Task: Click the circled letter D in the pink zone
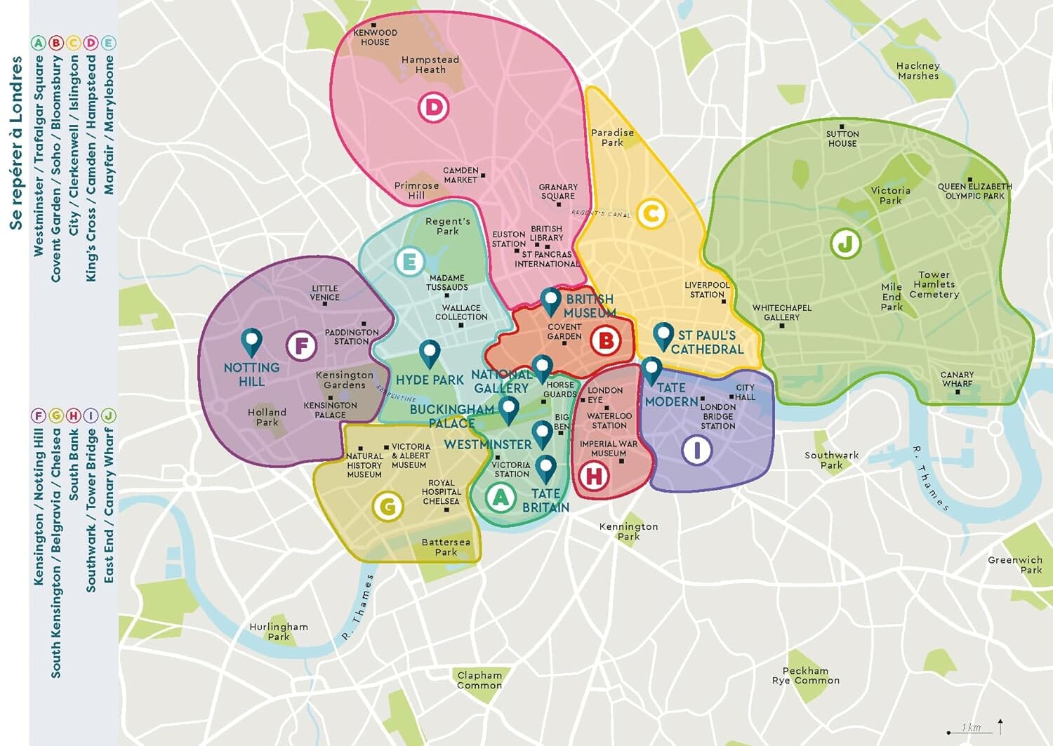pos(433,107)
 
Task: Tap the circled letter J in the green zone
pos(845,244)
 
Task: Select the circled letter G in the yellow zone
pos(388,506)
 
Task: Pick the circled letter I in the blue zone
pos(697,450)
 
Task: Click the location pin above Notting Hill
pos(251,342)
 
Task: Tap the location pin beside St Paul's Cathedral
pos(663,336)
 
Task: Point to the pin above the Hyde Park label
pos(430,353)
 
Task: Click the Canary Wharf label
pos(957,379)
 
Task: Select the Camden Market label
pos(461,175)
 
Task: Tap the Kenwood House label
pos(375,37)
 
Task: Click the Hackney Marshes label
pos(918,71)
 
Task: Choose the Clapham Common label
pos(479,680)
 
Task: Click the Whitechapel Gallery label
pos(781,312)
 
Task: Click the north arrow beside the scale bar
pos(1000,726)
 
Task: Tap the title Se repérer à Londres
pos(16,143)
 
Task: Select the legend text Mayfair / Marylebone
pos(109,125)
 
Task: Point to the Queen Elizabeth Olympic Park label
pos(974,191)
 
